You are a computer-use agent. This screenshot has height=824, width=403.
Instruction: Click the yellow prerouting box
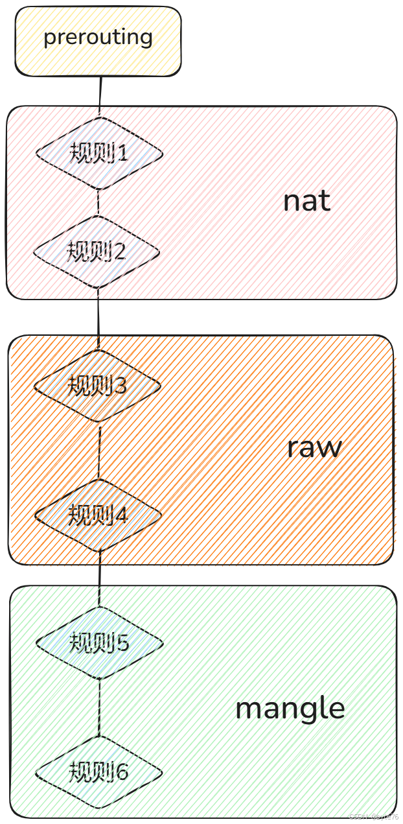[x=98, y=41]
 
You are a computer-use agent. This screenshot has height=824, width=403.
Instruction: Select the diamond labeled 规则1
[x=99, y=154]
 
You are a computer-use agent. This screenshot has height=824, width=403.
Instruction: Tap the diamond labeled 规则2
[x=97, y=251]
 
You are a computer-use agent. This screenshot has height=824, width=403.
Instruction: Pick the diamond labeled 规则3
[x=97, y=386]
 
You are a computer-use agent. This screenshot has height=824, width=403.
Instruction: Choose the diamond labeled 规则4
[x=98, y=515]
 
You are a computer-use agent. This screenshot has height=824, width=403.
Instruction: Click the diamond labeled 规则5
[x=99, y=643]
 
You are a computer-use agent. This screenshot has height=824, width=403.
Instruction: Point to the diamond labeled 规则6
[x=98, y=771]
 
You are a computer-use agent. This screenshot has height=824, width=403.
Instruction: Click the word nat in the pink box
[x=306, y=201]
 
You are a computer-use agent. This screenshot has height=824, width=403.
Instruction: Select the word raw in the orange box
[x=314, y=448]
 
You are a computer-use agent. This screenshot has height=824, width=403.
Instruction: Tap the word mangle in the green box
[x=290, y=708]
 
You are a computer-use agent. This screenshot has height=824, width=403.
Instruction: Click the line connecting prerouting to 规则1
[x=100, y=96]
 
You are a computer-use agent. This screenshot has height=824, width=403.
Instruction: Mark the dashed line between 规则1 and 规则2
[x=98, y=202]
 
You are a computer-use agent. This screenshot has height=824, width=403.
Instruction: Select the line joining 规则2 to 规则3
[x=98, y=318]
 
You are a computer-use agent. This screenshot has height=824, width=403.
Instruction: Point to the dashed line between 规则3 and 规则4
[x=98, y=451]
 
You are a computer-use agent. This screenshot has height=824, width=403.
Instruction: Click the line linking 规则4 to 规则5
[x=99, y=578]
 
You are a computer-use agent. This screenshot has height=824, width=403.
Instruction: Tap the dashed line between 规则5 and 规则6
[x=99, y=707]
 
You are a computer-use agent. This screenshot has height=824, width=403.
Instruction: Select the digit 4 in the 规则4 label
[x=121, y=515]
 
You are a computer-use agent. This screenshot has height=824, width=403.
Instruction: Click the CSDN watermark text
[x=374, y=817]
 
